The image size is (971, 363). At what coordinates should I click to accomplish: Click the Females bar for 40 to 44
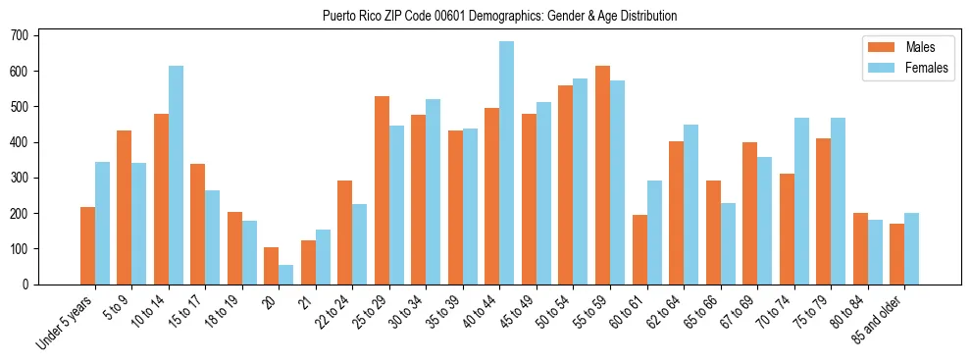coord(507,163)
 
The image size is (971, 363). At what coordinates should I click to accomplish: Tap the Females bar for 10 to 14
coord(176,175)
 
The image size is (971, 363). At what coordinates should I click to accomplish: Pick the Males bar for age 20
coord(272,266)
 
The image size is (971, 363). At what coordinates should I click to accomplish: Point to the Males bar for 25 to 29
coord(382,190)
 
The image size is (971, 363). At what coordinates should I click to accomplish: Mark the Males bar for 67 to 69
coord(749,213)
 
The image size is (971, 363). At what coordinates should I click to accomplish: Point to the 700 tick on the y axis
coord(37,35)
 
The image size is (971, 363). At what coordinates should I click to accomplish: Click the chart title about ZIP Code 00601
coord(499,17)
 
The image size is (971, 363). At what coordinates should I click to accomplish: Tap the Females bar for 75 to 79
coord(838,201)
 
